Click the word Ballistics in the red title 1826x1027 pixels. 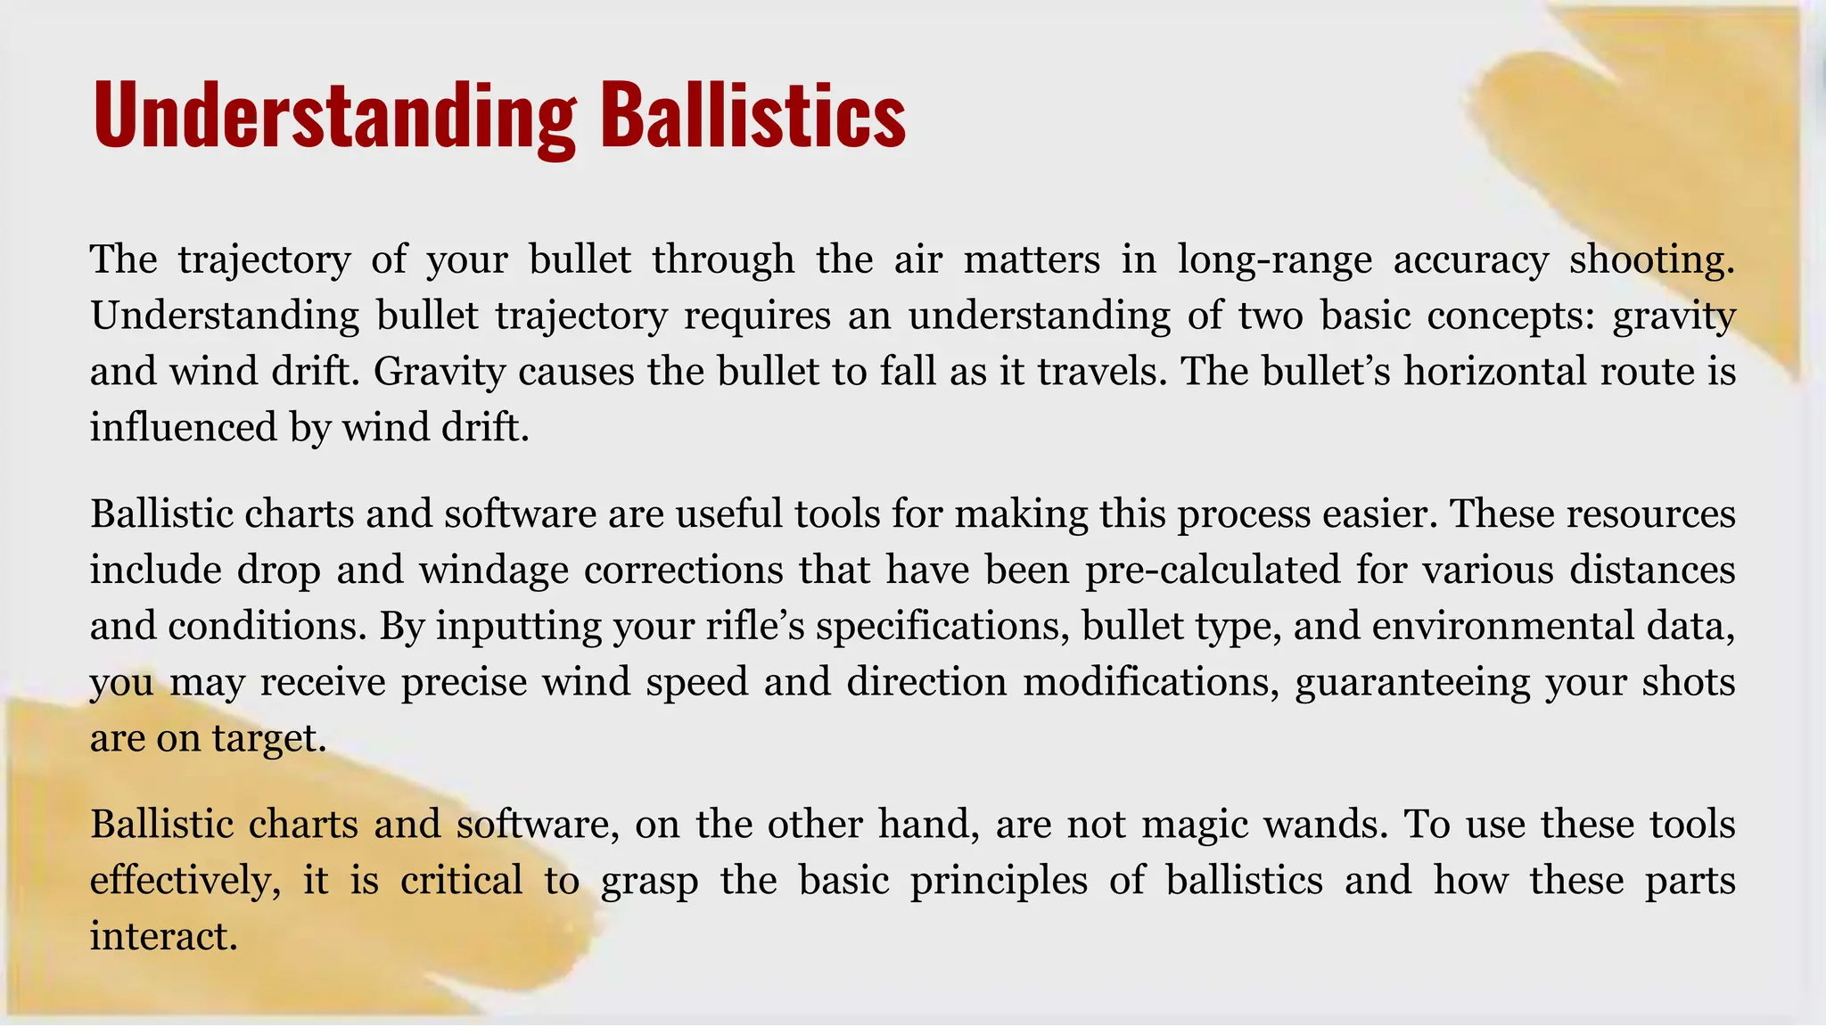(753, 116)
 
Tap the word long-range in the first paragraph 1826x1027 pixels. (1274, 259)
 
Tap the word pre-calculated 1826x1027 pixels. (1213, 570)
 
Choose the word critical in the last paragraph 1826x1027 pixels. (461, 881)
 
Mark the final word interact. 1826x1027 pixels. (163, 936)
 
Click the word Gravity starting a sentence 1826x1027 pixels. (439, 371)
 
